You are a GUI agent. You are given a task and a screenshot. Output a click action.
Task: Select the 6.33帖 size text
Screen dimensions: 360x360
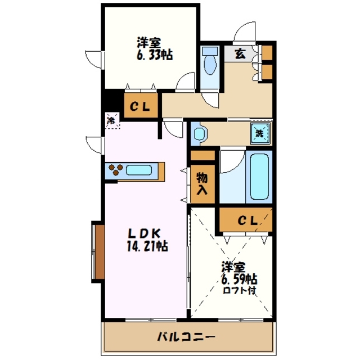click(x=153, y=55)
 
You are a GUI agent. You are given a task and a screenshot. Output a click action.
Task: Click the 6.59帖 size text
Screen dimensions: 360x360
click(x=239, y=279)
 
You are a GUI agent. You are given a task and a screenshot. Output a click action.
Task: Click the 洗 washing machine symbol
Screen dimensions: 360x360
click(x=260, y=133)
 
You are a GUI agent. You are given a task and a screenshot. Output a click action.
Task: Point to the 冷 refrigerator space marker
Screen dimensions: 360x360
click(x=112, y=120)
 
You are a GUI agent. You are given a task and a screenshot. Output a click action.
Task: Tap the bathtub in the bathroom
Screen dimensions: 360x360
click(x=259, y=177)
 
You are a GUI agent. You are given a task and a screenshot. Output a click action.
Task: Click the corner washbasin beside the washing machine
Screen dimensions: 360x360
click(x=199, y=134)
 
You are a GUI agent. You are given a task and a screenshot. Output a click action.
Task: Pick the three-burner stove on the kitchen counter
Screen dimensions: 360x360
click(x=116, y=170)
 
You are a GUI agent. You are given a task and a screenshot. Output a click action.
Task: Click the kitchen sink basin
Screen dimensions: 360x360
click(x=140, y=170)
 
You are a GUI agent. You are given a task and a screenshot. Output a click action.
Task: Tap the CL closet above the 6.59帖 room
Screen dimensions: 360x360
click(x=246, y=220)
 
